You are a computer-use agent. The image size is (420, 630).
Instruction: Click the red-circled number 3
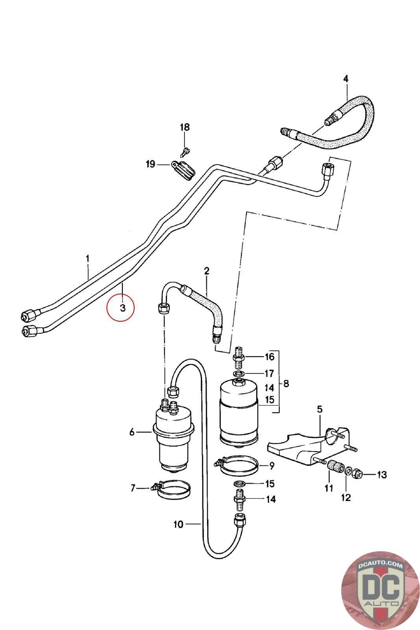click(x=122, y=308)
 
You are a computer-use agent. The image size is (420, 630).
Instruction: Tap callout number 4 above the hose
click(x=346, y=79)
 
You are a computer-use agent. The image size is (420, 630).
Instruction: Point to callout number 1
click(x=88, y=258)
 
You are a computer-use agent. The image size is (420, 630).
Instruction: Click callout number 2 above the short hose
click(x=207, y=271)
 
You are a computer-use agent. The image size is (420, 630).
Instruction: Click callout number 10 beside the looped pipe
click(x=179, y=524)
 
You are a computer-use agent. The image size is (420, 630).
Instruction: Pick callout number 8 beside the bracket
click(x=286, y=384)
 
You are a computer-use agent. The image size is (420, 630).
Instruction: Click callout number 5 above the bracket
click(x=320, y=409)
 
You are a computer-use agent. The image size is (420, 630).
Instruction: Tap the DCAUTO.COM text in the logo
click(x=380, y=565)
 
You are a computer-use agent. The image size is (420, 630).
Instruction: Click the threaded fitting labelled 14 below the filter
click(x=239, y=500)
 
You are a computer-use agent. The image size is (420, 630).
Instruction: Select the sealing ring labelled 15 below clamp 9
click(x=239, y=484)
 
